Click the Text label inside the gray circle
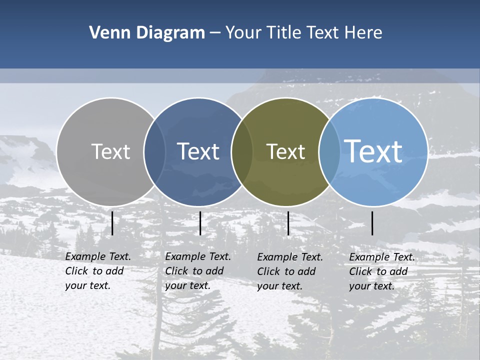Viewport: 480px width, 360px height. (x=110, y=151)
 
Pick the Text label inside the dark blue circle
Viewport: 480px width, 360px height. (x=198, y=151)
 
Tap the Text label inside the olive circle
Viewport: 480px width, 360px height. (x=285, y=151)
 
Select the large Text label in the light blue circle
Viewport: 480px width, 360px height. (x=373, y=151)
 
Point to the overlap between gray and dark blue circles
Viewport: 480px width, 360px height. (x=154, y=151)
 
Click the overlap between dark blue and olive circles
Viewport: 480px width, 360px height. (x=242, y=151)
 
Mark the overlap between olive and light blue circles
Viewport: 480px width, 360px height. (x=329, y=151)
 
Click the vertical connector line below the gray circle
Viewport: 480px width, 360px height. (x=112, y=223)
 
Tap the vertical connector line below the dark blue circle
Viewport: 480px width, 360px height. (x=200, y=223)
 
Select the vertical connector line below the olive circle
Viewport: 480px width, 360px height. (x=288, y=223)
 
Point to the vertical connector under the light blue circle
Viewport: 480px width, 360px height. (x=372, y=223)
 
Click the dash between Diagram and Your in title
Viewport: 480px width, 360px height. (x=215, y=33)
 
